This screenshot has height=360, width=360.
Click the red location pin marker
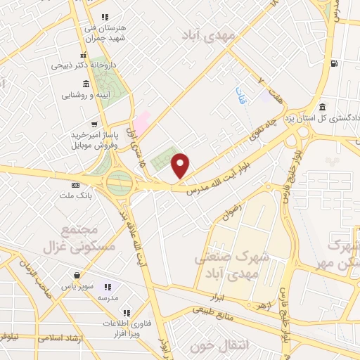point(181,165)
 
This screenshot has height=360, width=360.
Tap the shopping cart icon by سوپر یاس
point(75,277)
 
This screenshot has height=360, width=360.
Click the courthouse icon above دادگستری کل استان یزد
point(321,107)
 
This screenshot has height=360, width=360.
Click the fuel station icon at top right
point(333,65)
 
